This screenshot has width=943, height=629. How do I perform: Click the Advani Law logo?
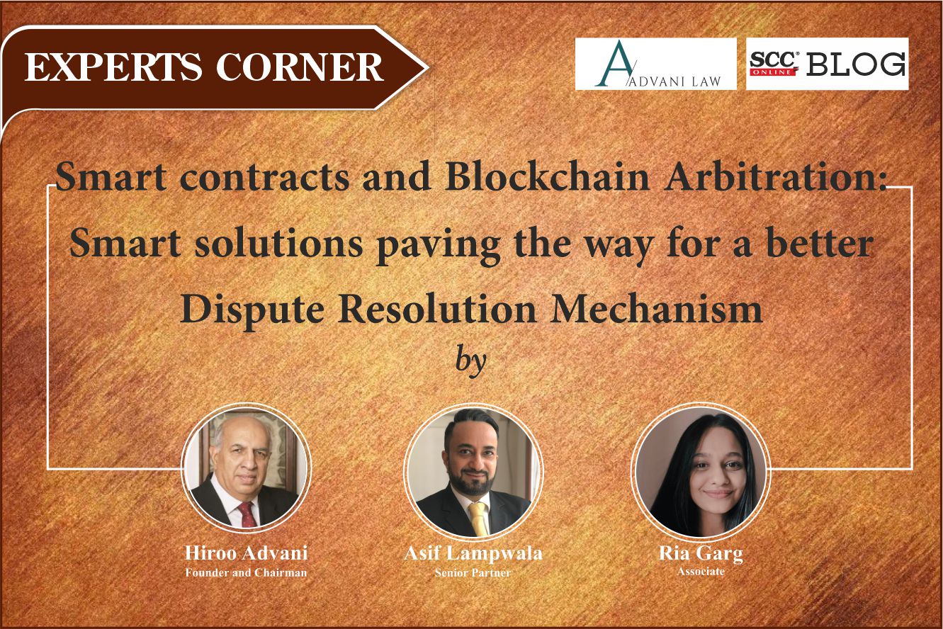(655, 64)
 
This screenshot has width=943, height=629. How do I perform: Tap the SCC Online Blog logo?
(827, 64)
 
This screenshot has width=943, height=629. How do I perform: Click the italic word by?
(470, 360)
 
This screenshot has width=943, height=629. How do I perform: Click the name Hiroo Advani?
(246, 553)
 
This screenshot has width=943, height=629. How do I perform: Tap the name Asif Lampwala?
(473, 553)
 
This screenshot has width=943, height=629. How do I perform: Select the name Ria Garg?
(700, 553)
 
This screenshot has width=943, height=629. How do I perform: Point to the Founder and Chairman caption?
(246, 572)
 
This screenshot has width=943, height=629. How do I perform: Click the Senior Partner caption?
(473, 572)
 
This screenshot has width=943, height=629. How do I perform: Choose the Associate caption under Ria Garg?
(700, 571)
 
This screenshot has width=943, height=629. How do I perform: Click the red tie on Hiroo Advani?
(247, 514)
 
